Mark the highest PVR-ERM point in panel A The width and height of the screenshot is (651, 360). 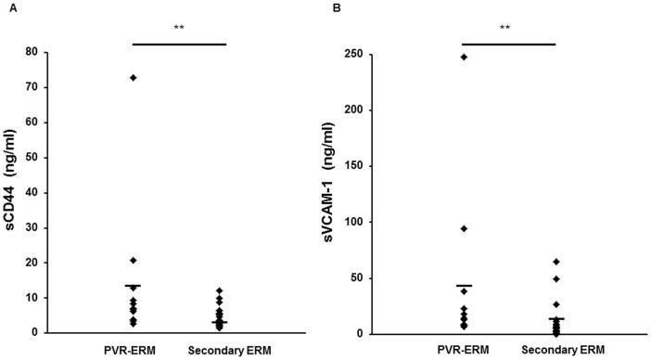click(133, 77)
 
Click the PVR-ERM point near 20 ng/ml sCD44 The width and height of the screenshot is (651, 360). click(133, 260)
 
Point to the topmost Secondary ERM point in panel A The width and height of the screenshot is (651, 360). click(219, 290)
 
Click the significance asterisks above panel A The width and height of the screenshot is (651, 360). click(179, 28)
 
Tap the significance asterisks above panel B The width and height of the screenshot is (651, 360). click(507, 28)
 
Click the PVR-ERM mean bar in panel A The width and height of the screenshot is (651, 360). click(133, 286)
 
